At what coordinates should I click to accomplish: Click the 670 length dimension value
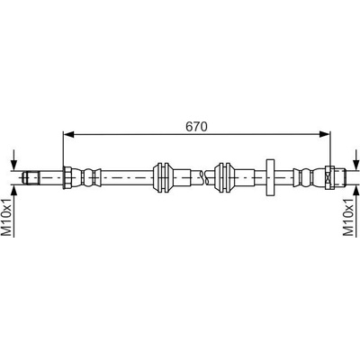(x=196, y=127)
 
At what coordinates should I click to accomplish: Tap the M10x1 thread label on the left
(x=8, y=217)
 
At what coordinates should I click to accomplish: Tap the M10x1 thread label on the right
(x=348, y=217)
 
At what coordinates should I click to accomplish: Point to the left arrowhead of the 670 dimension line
(x=68, y=135)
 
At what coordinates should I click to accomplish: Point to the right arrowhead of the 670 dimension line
(x=325, y=135)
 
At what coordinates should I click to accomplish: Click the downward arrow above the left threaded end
(x=14, y=161)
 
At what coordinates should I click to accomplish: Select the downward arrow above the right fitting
(x=355, y=161)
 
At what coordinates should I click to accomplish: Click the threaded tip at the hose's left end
(x=31, y=177)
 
